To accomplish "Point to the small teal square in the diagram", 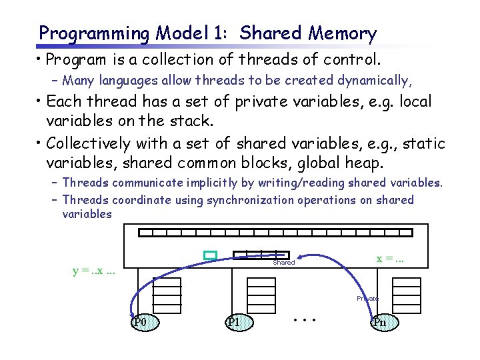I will point(211,255).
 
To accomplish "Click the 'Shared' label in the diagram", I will point(283,263).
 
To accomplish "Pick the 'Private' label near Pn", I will point(367,299).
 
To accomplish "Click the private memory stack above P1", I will point(261,291).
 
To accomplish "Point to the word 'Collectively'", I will point(89,144).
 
